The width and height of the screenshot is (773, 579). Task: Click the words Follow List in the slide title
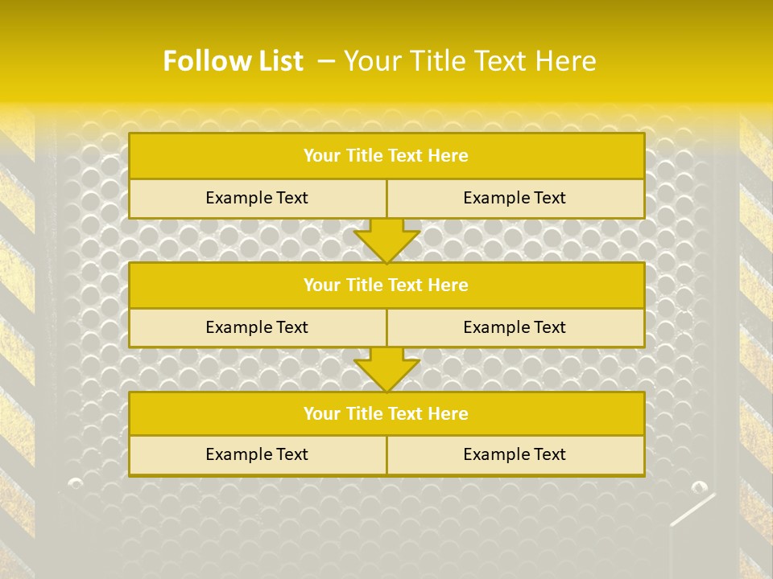(233, 61)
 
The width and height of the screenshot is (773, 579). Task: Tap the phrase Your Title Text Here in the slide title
(470, 61)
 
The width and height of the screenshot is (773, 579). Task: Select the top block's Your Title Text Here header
(386, 156)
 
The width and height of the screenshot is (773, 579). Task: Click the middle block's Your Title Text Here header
(386, 285)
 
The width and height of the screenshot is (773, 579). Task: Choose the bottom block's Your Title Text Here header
(386, 414)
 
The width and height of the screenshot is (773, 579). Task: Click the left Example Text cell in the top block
(257, 198)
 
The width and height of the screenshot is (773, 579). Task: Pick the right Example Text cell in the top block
(515, 198)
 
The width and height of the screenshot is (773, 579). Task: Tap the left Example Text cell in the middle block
(257, 327)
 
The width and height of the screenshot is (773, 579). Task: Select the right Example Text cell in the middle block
(515, 327)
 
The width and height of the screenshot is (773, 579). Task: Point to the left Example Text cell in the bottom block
(257, 454)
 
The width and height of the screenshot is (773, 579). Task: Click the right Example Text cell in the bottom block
(515, 454)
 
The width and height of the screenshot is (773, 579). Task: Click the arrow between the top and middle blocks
(386, 241)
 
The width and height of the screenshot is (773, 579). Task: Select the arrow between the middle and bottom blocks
(386, 370)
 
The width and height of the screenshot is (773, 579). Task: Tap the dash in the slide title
(325, 61)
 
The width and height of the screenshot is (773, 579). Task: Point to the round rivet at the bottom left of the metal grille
(76, 483)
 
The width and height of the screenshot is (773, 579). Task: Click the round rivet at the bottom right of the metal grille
(698, 487)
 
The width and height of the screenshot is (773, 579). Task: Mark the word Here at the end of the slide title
(568, 61)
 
